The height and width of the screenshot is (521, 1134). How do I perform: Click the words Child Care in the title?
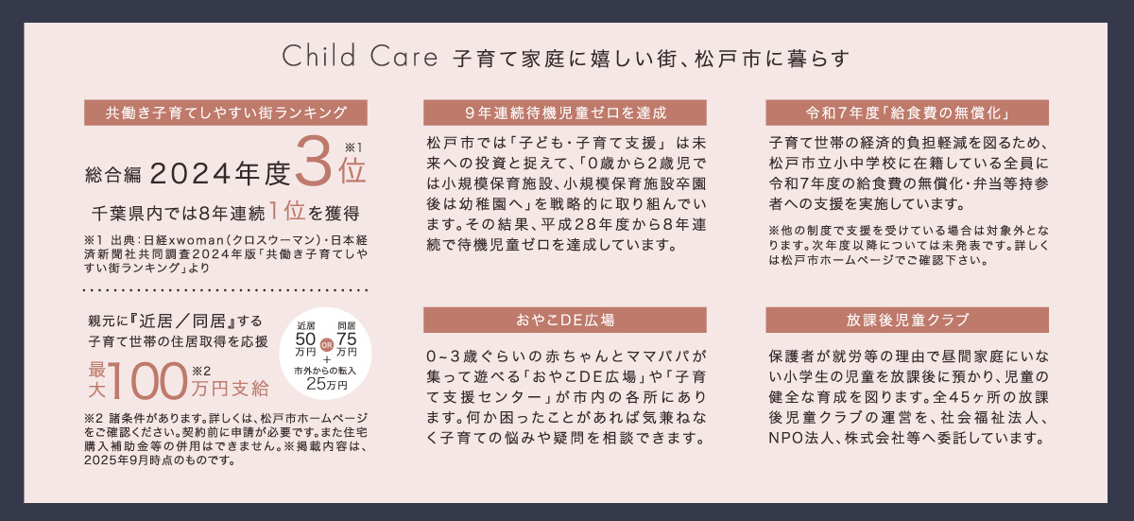(359, 56)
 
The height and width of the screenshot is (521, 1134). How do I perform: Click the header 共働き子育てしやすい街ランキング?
(226, 113)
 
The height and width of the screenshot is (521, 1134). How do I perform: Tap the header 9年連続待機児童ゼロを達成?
(565, 113)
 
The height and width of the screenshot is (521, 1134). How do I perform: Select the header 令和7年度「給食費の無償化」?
(907, 113)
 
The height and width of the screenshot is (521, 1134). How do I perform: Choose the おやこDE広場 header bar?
(565, 320)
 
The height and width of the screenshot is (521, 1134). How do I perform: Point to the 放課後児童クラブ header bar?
(907, 320)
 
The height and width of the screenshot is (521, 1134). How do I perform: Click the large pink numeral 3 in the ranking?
(314, 161)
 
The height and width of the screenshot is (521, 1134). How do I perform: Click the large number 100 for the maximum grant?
(147, 381)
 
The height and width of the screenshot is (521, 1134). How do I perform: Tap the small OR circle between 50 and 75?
(327, 345)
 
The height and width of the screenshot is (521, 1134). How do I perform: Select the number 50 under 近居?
(305, 339)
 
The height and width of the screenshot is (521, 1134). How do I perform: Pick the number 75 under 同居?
(347, 339)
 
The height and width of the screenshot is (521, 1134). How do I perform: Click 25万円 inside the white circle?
(327, 384)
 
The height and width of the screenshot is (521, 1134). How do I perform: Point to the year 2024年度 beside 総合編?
(219, 174)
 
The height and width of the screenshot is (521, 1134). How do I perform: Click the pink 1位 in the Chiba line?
(287, 211)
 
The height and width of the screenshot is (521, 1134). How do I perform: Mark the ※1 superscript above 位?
(353, 148)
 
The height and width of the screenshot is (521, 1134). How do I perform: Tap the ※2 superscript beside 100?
(201, 372)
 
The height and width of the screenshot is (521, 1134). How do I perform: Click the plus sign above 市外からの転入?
(327, 360)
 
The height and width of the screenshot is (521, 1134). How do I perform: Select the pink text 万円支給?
(231, 389)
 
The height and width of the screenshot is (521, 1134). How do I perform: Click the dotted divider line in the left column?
(225, 290)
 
